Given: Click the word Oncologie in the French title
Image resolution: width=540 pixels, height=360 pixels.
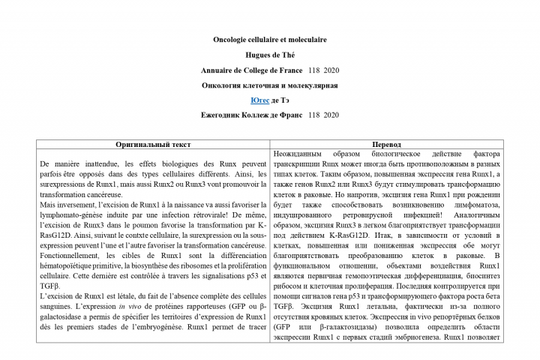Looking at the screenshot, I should (x=229, y=40).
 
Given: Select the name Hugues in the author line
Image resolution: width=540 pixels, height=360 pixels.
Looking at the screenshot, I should (x=257, y=55).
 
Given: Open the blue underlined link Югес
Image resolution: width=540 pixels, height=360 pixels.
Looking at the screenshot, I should (x=259, y=100).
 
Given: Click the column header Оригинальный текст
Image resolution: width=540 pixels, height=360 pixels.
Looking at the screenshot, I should (x=153, y=144).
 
